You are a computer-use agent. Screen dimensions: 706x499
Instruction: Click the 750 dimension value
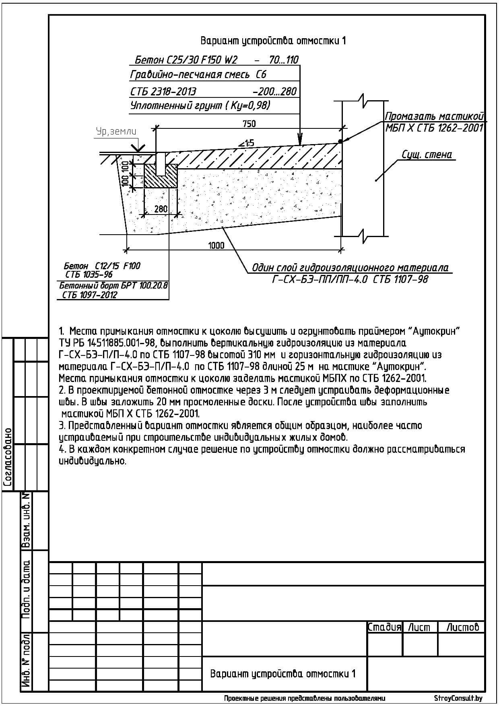(249, 124)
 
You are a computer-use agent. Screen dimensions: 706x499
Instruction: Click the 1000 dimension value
(217, 246)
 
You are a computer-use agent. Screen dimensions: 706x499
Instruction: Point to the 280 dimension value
(161, 209)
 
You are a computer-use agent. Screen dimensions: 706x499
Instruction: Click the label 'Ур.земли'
(116, 132)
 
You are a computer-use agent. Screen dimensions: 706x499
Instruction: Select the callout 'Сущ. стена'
(427, 155)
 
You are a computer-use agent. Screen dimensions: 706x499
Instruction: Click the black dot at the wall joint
(340, 141)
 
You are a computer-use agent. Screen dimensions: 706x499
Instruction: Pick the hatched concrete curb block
(161, 176)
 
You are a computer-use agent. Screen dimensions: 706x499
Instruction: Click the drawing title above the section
(273, 41)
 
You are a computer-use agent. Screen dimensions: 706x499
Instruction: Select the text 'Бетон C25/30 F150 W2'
(186, 60)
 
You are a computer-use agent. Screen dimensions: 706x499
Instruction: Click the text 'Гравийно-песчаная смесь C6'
(198, 75)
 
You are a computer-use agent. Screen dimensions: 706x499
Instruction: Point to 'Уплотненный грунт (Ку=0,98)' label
(200, 106)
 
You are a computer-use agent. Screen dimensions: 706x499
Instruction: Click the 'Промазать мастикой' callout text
(434, 117)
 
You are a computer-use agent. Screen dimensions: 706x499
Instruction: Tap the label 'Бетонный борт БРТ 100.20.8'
(113, 286)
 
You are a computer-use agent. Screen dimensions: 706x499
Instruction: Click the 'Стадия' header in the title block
(384, 627)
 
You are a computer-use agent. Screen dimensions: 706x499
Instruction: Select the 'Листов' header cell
(463, 627)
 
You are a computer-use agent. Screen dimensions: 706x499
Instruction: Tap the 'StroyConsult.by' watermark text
(458, 698)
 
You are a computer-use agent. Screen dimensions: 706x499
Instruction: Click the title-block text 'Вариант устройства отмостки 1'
(283, 674)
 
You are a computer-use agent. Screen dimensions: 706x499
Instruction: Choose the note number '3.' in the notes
(62, 425)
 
